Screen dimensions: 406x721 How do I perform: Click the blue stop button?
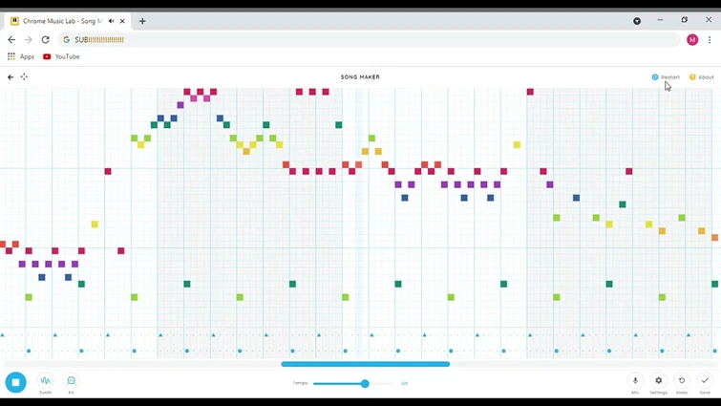coord(15,382)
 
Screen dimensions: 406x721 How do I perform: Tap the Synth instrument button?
coord(45,381)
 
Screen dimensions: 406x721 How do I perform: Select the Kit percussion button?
coord(71,381)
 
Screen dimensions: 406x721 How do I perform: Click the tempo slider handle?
coord(365,383)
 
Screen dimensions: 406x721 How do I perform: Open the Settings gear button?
coord(658,381)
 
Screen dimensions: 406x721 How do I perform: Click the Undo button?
coord(682,381)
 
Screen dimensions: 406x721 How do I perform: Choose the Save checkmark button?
coord(705,381)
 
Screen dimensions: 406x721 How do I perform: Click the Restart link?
coord(667,77)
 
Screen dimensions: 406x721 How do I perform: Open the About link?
coord(702,77)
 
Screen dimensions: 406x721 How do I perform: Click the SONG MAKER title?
coord(360,77)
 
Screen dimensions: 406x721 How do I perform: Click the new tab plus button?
coord(142,20)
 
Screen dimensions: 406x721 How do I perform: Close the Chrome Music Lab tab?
coord(122,20)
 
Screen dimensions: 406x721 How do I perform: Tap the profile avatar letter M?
coord(692,40)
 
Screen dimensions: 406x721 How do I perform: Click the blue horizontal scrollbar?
coord(365,364)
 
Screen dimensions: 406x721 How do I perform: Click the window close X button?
coord(709,20)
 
